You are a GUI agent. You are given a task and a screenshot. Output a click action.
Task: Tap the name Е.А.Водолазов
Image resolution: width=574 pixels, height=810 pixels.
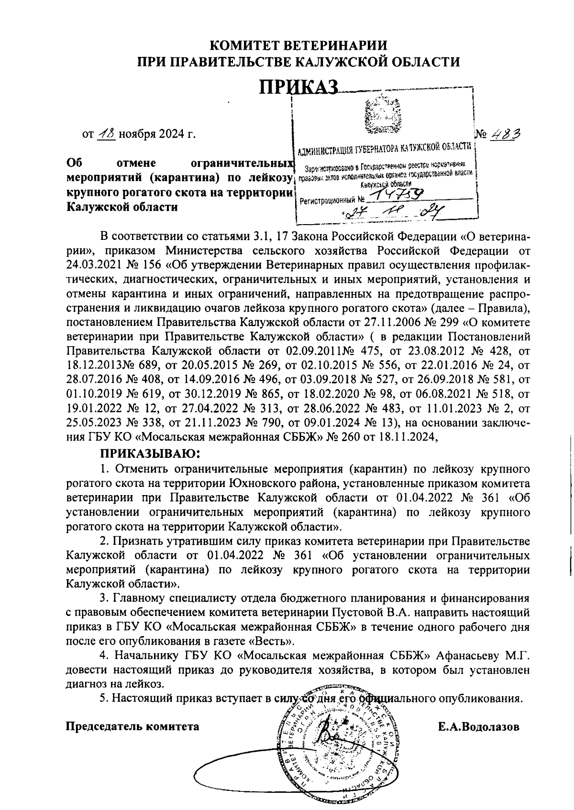tap(478, 727)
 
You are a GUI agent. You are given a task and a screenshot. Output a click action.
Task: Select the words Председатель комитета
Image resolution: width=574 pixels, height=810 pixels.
tap(132, 727)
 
